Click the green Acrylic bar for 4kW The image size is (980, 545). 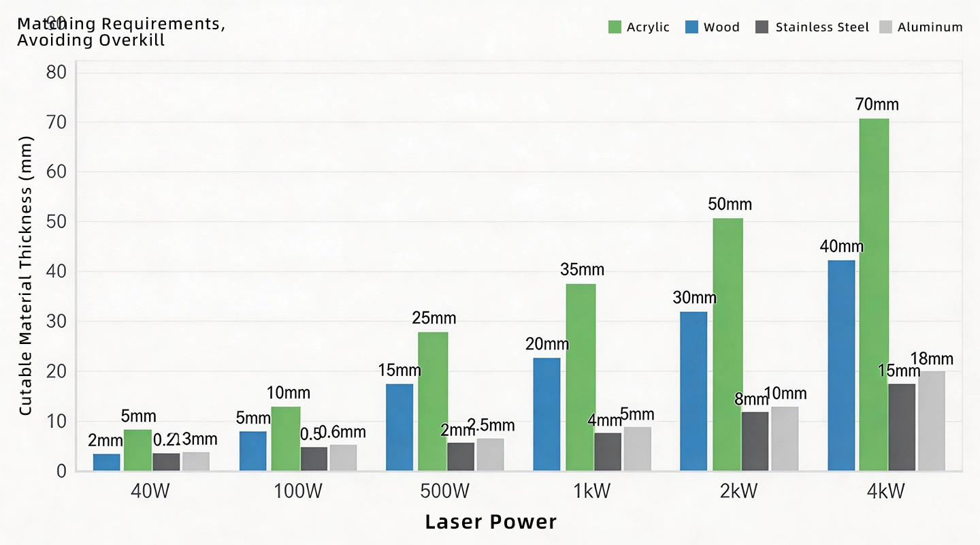tap(874, 294)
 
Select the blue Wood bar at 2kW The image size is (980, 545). tap(693, 391)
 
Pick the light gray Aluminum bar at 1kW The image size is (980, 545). tap(637, 448)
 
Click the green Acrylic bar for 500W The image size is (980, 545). tap(433, 401)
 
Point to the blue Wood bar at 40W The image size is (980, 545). tap(107, 462)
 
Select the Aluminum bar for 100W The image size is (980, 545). tap(343, 457)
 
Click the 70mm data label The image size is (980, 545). tap(878, 105)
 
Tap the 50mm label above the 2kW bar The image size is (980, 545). tap(730, 204)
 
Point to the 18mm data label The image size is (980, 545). tap(932, 359)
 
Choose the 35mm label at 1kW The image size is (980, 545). tap(582, 270)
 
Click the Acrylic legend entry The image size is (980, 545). tap(639, 27)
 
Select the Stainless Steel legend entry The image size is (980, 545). tap(813, 27)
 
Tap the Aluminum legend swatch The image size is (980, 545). tap(885, 27)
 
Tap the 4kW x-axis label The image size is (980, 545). tap(885, 492)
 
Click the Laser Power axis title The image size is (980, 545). tap(491, 523)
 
